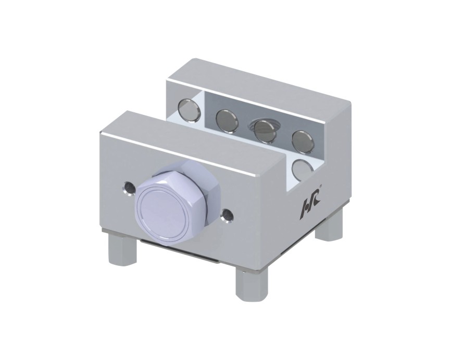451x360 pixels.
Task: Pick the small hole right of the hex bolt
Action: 227,216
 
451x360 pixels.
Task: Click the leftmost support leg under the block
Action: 122,249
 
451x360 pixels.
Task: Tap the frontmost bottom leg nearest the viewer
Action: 252,285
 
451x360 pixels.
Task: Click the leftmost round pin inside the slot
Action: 189,110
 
